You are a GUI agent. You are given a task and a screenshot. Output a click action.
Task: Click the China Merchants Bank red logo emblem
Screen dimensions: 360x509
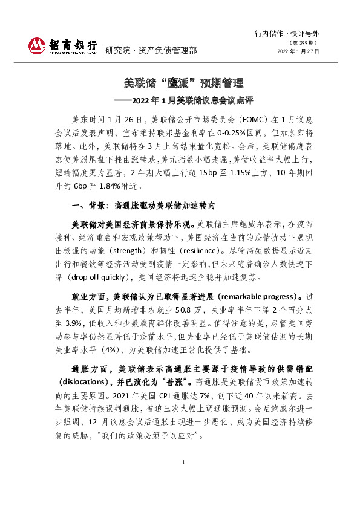[37, 46]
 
